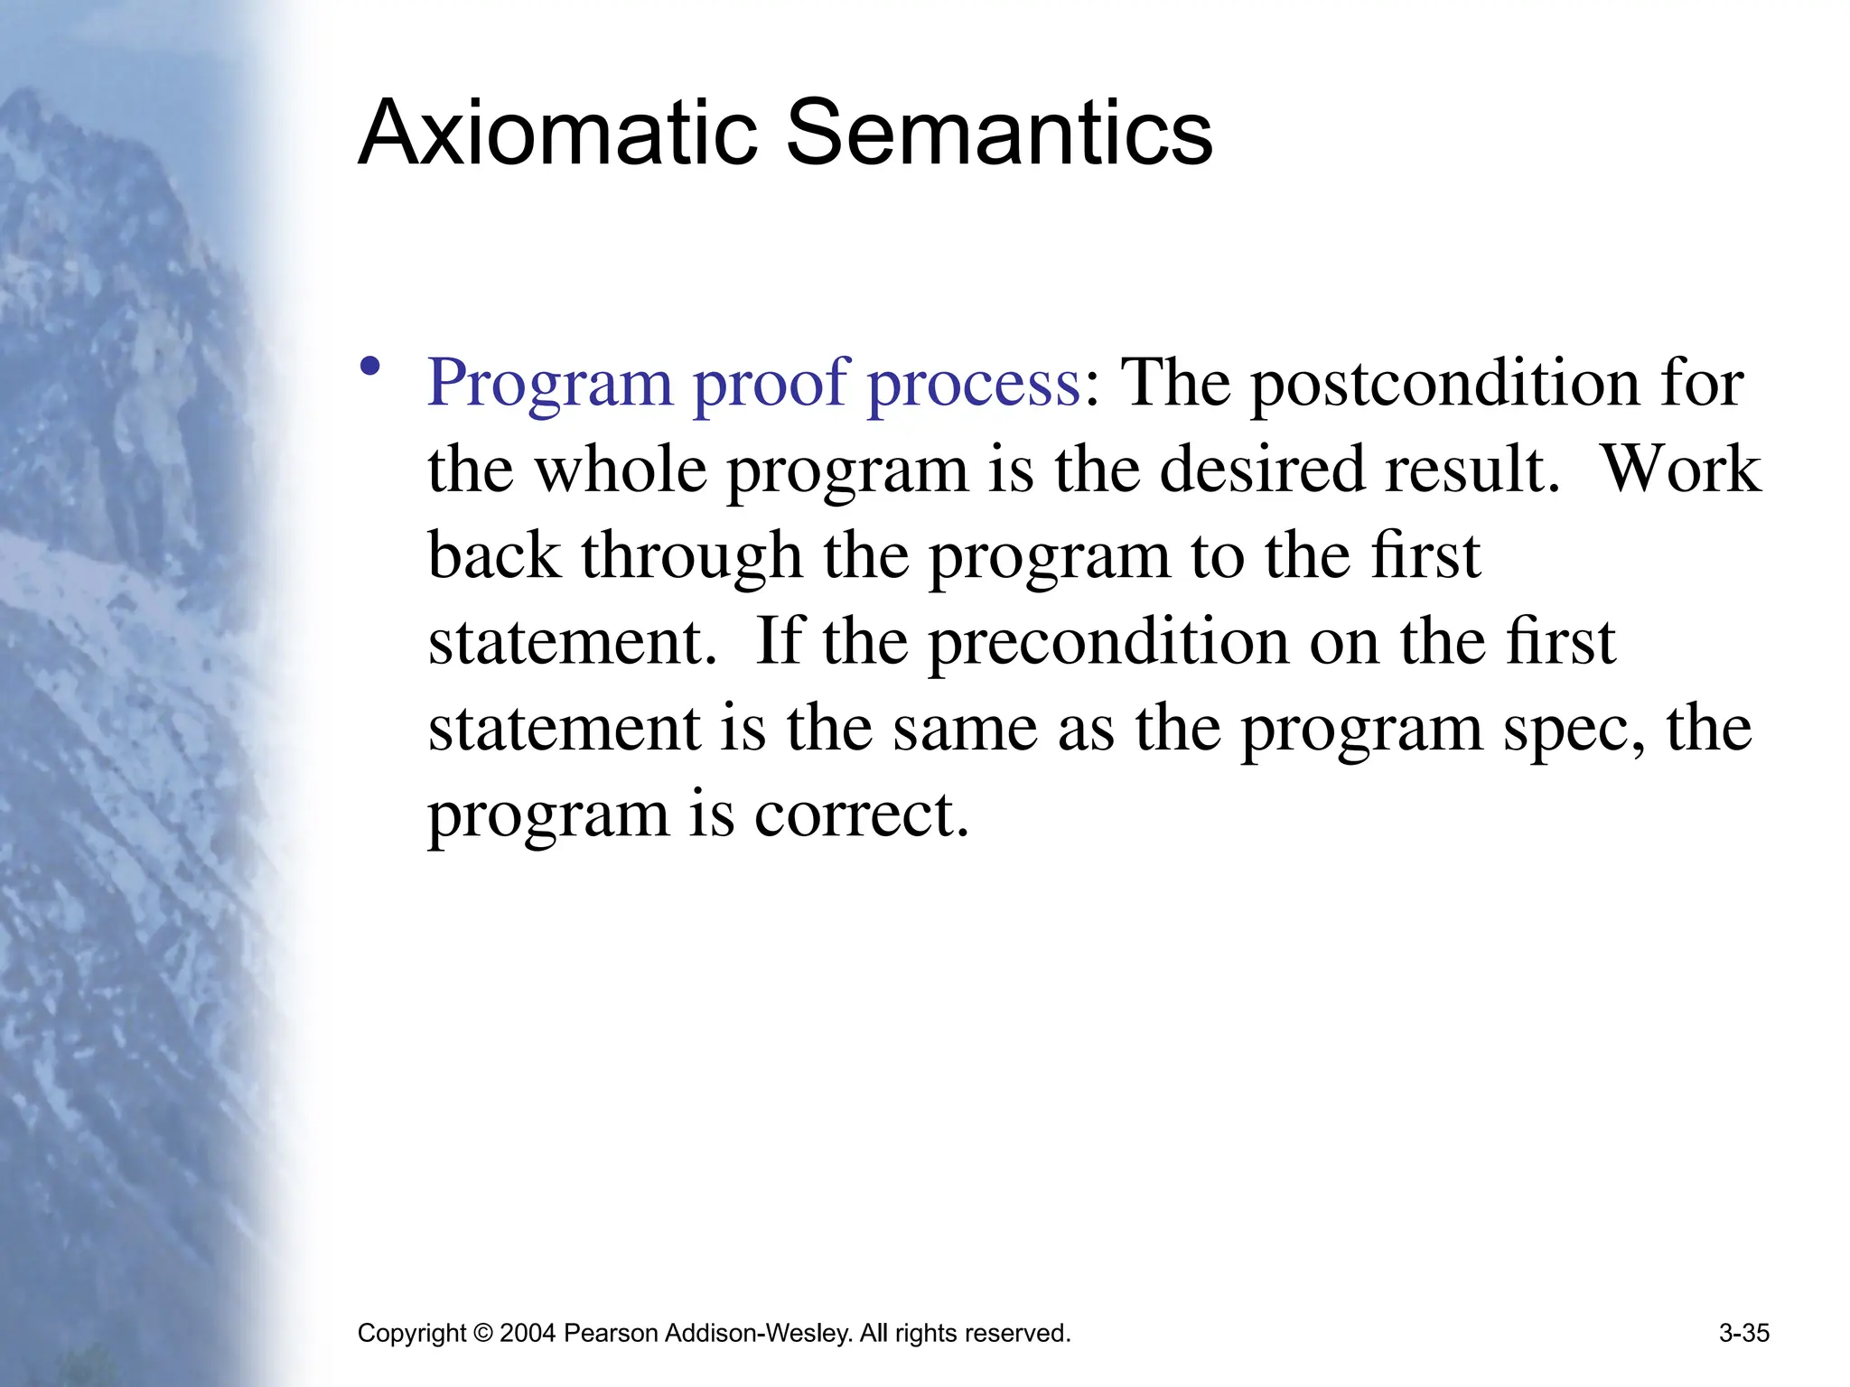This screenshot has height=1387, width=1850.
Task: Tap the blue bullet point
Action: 369,367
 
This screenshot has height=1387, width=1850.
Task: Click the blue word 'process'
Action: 974,384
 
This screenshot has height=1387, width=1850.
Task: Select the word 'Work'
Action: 1680,470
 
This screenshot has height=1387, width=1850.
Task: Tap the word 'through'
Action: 692,555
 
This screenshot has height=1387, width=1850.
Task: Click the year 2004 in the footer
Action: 527,1334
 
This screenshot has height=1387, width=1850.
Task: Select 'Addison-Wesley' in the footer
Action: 758,1334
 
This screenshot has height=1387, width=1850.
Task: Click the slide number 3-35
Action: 1743,1334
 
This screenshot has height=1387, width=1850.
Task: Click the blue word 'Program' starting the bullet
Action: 550,384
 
